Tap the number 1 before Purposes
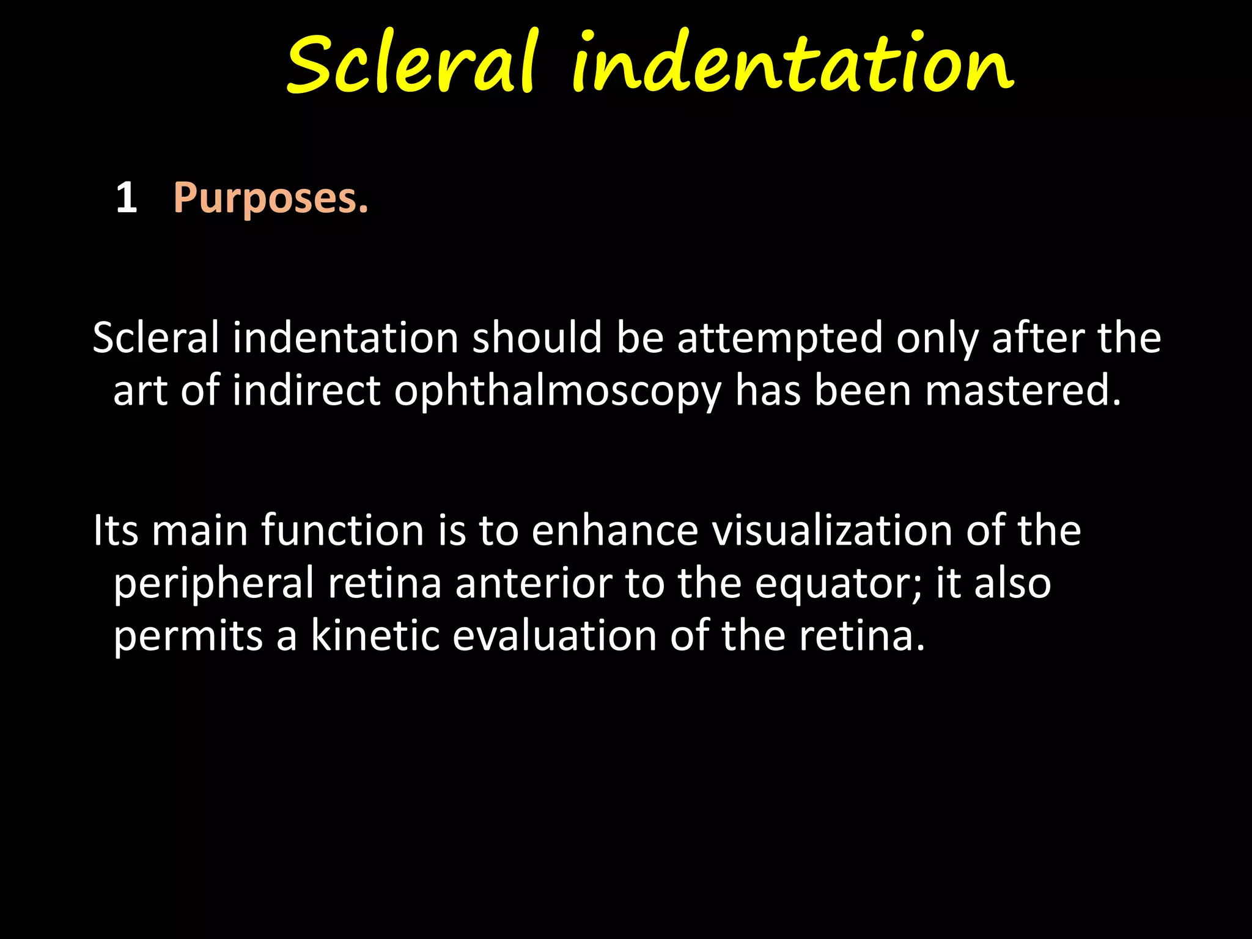126,199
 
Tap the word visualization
833,530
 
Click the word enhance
614,530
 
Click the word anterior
533,583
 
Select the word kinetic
375,636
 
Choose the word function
342,530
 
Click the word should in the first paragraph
537,338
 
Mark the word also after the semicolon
1012,583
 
